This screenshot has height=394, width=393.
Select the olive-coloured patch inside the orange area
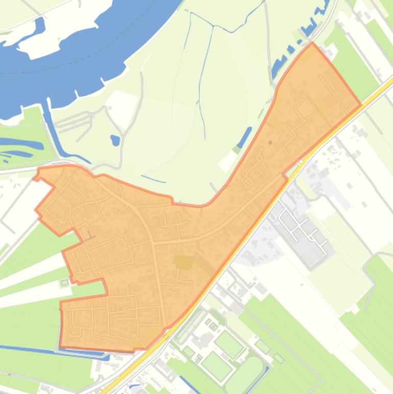(x=183, y=262)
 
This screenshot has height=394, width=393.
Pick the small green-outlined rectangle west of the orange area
(x=65, y=282)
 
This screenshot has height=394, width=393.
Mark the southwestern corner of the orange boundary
(x=60, y=347)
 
